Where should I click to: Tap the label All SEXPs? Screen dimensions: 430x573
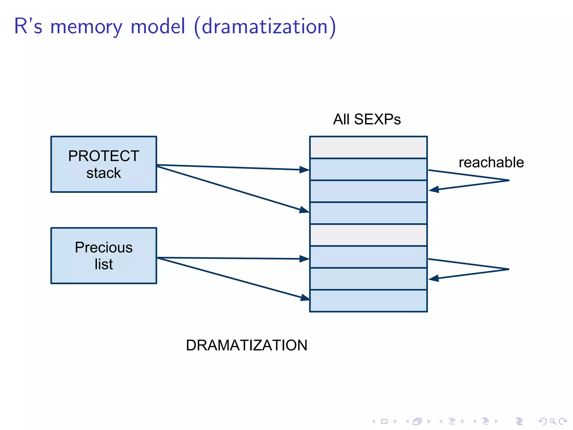[x=367, y=120]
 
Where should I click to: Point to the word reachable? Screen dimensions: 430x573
[x=491, y=163]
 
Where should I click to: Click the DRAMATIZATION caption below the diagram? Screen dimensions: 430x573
[x=246, y=345]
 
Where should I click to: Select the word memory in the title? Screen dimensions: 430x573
[x=86, y=27]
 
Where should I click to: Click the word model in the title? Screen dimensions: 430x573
[x=158, y=26]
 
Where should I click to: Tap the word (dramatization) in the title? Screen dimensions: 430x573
[x=265, y=27]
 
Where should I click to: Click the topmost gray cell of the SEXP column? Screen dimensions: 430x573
[x=368, y=148]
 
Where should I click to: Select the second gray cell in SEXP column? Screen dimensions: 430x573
[x=368, y=235]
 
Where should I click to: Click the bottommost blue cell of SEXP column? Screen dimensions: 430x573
[x=368, y=301]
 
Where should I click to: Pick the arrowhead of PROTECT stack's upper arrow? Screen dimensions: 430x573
[x=304, y=170]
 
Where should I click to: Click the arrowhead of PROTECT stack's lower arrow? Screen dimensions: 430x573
[x=304, y=210]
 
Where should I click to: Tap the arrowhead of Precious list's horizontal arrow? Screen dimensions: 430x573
[x=304, y=259]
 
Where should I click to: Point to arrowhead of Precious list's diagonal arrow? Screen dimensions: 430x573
[x=306, y=298]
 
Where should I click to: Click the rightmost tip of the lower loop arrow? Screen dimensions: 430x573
[x=509, y=269]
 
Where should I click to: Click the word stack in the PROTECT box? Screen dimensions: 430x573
[x=104, y=173]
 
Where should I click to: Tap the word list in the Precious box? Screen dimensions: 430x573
[x=104, y=264]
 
